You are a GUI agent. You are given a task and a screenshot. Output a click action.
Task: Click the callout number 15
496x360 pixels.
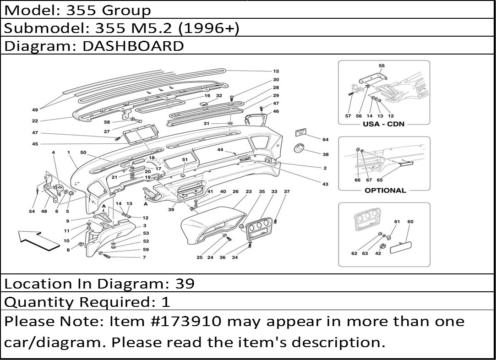point(276,71)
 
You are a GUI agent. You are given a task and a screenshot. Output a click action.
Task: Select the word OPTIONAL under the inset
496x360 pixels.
point(385,191)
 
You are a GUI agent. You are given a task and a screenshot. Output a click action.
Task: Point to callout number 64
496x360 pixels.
point(325,140)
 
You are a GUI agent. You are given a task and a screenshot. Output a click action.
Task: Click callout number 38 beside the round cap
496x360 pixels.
point(325,155)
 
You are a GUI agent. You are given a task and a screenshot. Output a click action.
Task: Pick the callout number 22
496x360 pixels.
point(35,121)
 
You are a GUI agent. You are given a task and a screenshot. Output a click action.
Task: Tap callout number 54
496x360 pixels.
point(32,212)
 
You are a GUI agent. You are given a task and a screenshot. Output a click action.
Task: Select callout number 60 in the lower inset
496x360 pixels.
point(410,222)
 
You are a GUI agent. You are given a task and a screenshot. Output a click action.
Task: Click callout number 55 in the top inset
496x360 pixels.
point(382,65)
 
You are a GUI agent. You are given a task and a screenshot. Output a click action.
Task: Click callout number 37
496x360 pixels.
point(287,191)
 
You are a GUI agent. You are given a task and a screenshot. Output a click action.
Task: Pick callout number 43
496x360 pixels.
point(325,184)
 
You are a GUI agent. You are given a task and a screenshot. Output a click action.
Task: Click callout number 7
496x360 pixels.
point(144,257)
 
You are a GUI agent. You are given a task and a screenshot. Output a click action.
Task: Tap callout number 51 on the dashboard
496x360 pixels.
point(185,159)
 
